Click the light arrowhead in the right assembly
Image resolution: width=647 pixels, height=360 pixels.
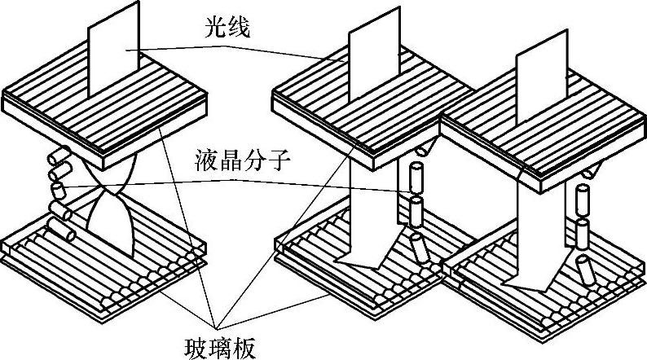click(x=522, y=281)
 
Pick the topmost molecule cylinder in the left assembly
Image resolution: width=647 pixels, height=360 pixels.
click(x=59, y=157)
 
